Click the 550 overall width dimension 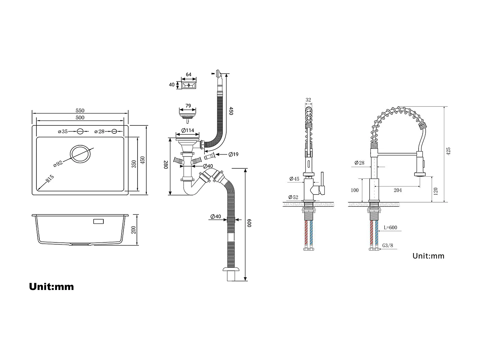point(80,111)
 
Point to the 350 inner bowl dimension point(134,164)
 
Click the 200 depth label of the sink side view point(134,229)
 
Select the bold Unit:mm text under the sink point(52,286)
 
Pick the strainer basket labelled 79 point(188,114)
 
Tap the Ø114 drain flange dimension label point(188,131)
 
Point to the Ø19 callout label point(233,155)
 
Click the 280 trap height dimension point(166,165)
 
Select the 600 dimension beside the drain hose point(249,223)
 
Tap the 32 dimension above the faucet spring point(308,100)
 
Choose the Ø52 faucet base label point(293,197)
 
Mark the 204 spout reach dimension point(397,190)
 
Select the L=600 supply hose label point(390,228)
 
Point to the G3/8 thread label point(388,246)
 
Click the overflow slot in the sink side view point(98,221)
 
